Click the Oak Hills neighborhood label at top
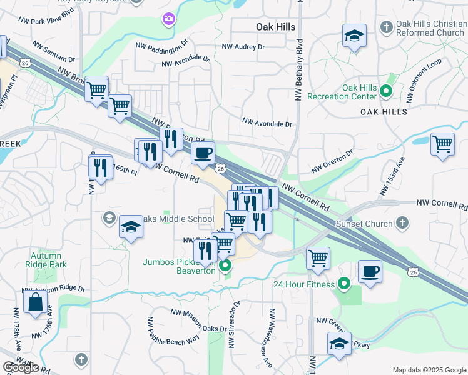pos(276,27)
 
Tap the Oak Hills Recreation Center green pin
pos(386,92)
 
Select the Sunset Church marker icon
pos(403,222)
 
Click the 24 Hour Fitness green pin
pos(343,284)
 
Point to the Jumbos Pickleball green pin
pos(226,266)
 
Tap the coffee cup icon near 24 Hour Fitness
pos(370,272)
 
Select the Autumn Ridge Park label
pos(44,260)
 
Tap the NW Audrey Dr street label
pos(244,47)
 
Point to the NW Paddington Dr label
pos(162,46)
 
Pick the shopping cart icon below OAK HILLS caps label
pos(442,144)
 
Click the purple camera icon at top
pos(168,20)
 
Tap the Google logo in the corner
pos(20,368)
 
